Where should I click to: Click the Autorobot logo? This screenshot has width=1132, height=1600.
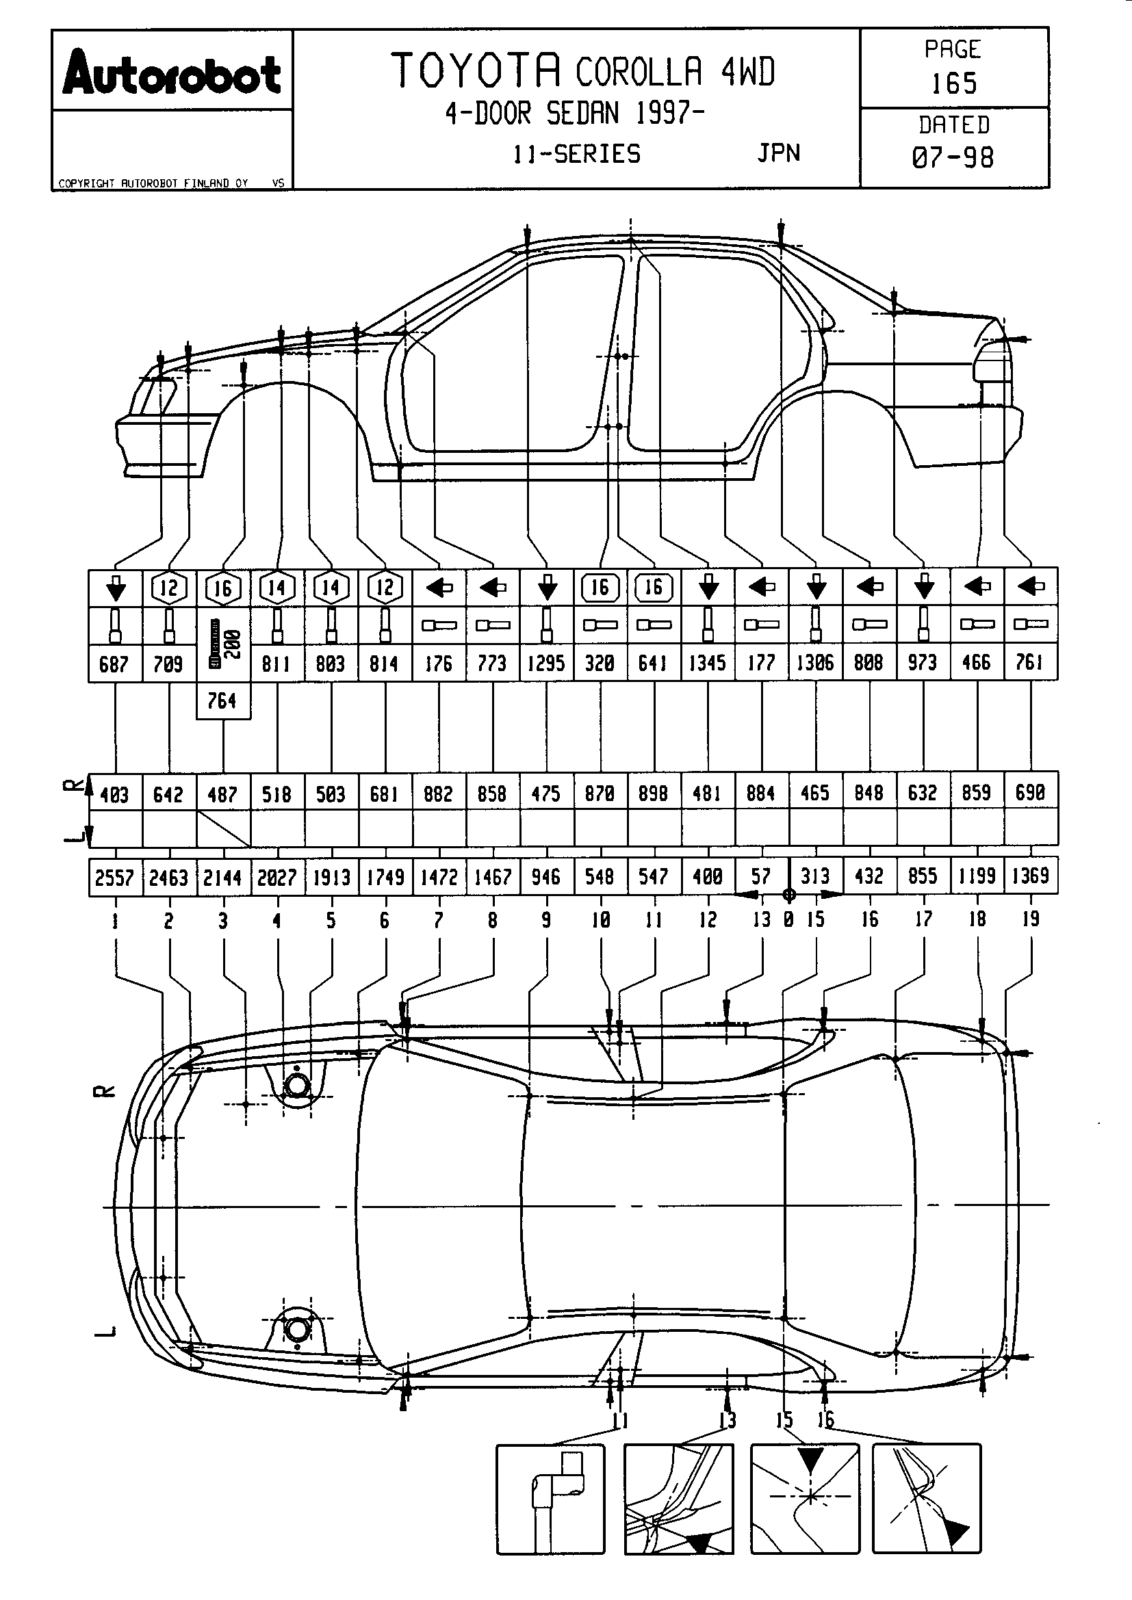172,74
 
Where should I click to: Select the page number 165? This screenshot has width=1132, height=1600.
953,83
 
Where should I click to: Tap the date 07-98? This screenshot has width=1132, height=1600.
953,157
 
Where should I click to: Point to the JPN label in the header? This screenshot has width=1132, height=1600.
779,153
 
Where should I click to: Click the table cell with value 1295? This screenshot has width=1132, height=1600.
546,663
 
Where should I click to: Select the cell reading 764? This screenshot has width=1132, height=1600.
223,700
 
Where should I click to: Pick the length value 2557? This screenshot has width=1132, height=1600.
115,877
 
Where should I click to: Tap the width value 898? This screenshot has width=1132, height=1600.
654,793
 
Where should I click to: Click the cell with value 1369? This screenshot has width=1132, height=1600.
1030,876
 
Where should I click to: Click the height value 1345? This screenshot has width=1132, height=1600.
708,663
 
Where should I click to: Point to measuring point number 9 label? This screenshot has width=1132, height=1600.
546,920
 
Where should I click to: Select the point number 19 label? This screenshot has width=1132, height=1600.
1030,919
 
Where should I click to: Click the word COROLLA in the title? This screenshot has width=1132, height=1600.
639,72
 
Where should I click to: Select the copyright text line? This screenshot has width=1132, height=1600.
153,183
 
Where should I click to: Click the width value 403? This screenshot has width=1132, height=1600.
115,794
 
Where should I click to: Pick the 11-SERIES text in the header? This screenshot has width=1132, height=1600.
577,153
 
